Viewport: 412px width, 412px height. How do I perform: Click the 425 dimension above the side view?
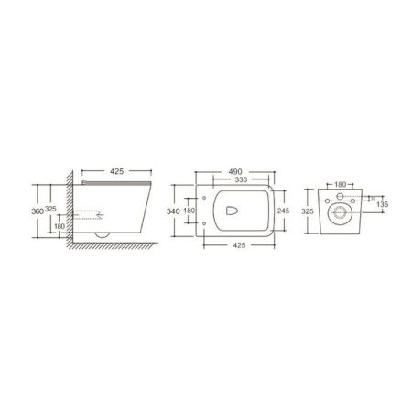tap(116, 169)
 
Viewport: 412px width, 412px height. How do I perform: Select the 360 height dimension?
tap(37, 211)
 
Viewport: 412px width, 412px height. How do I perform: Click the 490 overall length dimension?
tap(236, 169)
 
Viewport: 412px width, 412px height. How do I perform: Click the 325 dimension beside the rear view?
tap(309, 211)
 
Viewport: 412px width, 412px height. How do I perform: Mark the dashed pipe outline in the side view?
tap(92, 215)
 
